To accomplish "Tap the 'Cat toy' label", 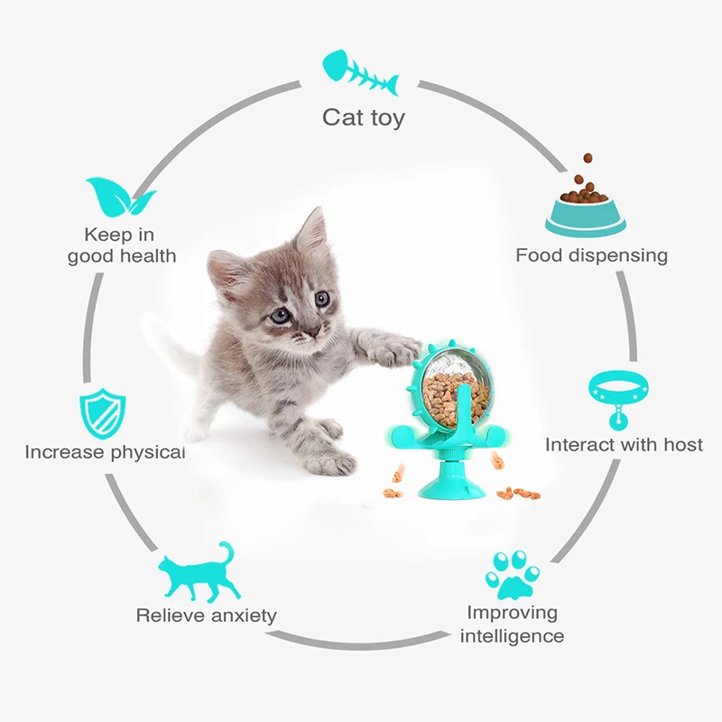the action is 364,117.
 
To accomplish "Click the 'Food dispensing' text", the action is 591,255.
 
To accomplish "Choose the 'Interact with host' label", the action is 624,445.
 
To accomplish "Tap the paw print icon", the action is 512,573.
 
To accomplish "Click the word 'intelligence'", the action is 512,636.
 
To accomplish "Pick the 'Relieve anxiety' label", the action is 206,616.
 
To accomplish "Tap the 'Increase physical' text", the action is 105,452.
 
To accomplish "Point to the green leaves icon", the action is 119,198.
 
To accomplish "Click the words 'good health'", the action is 122,256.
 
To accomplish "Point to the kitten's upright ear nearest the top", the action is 311,233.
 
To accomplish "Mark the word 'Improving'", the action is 512,613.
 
